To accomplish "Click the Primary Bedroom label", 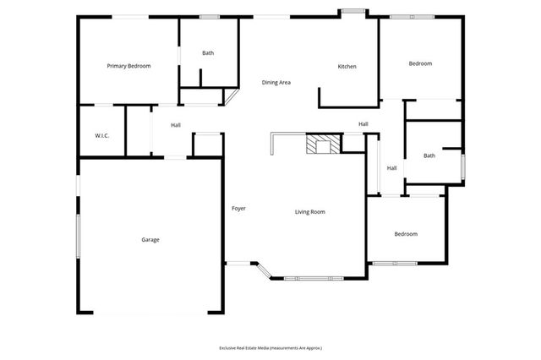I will [x=128, y=65].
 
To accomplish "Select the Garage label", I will [x=150, y=239].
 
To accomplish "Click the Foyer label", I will [x=239, y=208].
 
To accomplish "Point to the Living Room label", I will [x=309, y=211].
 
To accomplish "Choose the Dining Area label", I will [x=276, y=82].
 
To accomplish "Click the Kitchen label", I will [x=347, y=67].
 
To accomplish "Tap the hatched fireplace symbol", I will [x=320, y=145].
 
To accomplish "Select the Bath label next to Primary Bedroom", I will [x=208, y=53].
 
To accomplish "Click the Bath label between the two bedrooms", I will [x=429, y=155].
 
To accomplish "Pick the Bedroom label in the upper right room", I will [x=420, y=63].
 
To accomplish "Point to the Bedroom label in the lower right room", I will [x=406, y=234].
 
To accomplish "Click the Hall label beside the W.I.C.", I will [x=176, y=125].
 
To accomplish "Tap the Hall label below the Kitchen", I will [x=363, y=124].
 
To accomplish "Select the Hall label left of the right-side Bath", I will [x=392, y=167].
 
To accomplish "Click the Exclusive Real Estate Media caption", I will [x=270, y=347].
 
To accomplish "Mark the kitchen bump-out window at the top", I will [x=352, y=11].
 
